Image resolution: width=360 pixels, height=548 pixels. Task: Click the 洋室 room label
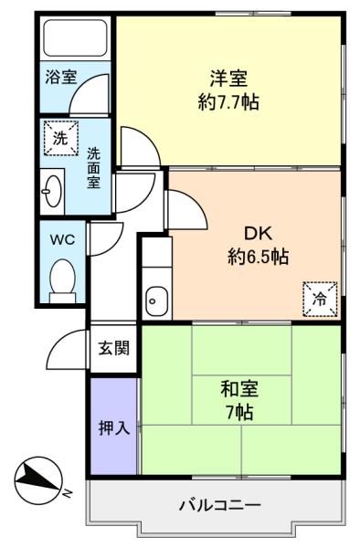point(228,79)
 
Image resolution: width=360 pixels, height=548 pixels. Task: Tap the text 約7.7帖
point(228,102)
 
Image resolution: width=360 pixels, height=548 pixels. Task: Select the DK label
point(258,233)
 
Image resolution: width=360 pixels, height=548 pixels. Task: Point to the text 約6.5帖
point(258,257)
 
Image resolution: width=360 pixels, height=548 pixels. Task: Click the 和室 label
point(239,389)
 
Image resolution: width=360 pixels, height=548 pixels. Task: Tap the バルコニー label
point(220,505)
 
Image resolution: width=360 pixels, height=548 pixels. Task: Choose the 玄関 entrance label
point(114,348)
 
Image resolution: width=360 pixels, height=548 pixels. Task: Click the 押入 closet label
point(114,427)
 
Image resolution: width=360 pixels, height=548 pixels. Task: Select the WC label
point(62,239)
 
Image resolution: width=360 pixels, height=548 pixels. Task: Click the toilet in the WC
point(62,280)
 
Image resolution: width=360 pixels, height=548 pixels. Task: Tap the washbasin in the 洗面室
point(52,191)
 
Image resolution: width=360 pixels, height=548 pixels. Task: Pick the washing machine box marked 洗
point(60,138)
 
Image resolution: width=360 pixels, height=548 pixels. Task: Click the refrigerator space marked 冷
point(320,300)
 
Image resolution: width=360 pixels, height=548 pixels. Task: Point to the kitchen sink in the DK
point(156,300)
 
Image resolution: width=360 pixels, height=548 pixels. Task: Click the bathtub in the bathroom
point(75,37)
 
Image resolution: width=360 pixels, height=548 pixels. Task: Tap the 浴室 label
point(61,77)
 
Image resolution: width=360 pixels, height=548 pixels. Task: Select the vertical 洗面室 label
point(93,168)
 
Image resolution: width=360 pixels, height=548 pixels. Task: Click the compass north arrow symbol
point(38,479)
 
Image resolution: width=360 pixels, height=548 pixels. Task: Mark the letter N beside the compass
point(67,493)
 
